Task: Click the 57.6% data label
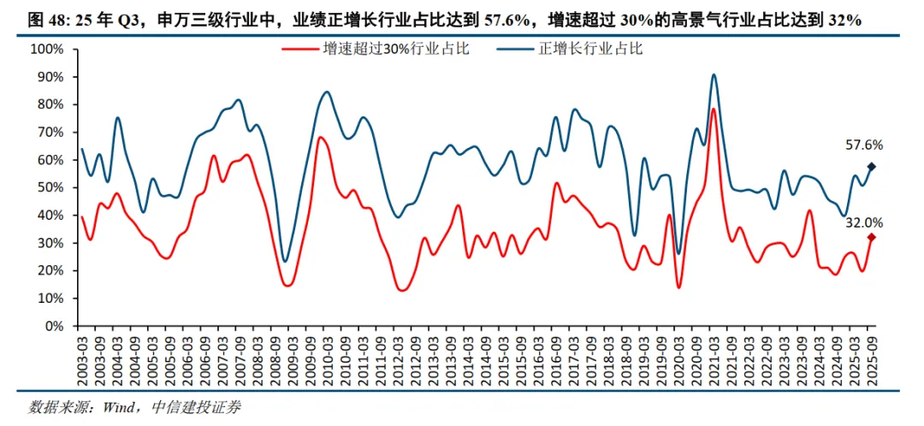(x=864, y=145)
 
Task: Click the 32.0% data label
(x=864, y=222)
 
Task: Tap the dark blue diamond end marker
(x=872, y=167)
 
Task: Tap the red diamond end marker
(x=872, y=238)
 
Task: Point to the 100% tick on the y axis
(x=47, y=50)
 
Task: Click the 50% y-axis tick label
(x=50, y=187)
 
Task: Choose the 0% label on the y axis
(x=54, y=326)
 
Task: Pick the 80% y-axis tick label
(x=50, y=104)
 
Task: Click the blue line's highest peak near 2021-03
(x=713, y=74)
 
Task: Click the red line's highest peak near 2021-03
(x=713, y=109)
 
